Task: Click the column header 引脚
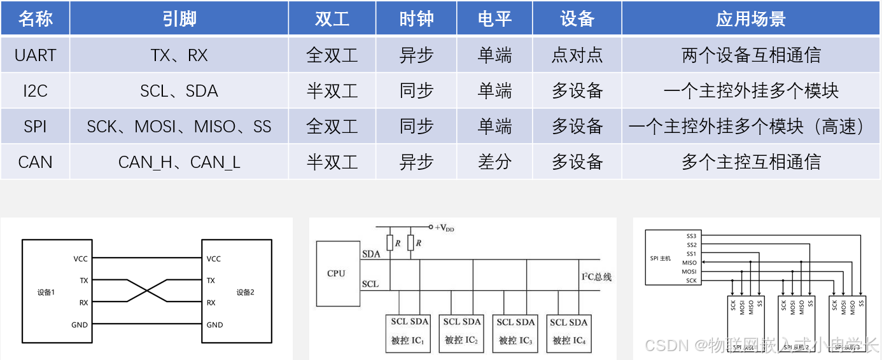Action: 179,19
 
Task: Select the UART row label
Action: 35,55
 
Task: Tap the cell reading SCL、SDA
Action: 179,91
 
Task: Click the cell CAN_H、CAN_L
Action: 179,162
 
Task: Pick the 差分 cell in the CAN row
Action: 494,162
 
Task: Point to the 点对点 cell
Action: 577,55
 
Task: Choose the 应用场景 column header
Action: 751,19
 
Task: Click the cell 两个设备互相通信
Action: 751,55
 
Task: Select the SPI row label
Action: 35,127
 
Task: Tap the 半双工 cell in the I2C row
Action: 332,91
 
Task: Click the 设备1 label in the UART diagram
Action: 46,293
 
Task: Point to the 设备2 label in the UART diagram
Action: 245,293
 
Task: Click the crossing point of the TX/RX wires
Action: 148,291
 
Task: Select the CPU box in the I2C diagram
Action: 336,273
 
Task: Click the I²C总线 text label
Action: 596,277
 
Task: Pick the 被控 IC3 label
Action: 516,340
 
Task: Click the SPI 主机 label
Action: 661,258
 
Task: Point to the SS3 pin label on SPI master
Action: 692,236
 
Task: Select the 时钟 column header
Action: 416,19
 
